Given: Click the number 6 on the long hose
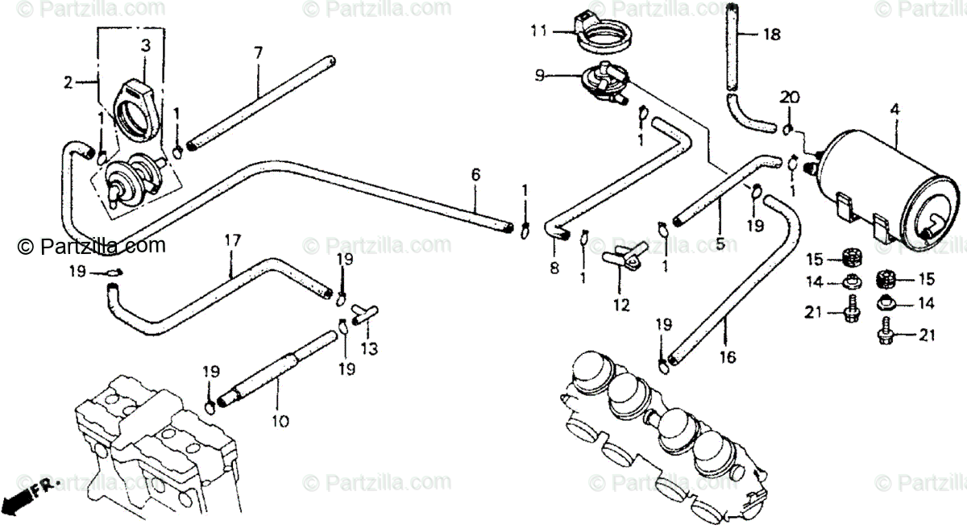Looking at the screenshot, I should pyautogui.click(x=475, y=174).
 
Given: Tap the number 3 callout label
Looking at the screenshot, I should pyautogui.click(x=145, y=47).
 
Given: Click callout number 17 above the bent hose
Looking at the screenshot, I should pyautogui.click(x=232, y=240).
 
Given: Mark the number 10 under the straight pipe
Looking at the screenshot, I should pyautogui.click(x=276, y=421).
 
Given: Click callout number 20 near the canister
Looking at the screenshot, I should pyautogui.click(x=789, y=98).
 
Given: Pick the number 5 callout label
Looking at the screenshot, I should pyautogui.click(x=720, y=241).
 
